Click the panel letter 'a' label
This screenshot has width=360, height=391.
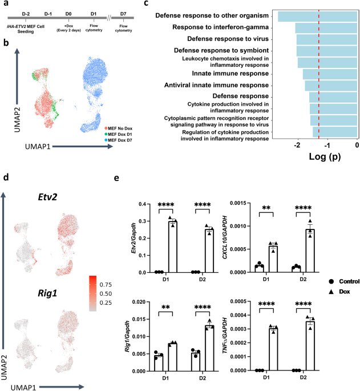pos(5,5)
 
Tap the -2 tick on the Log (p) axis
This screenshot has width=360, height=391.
pos(297,145)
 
